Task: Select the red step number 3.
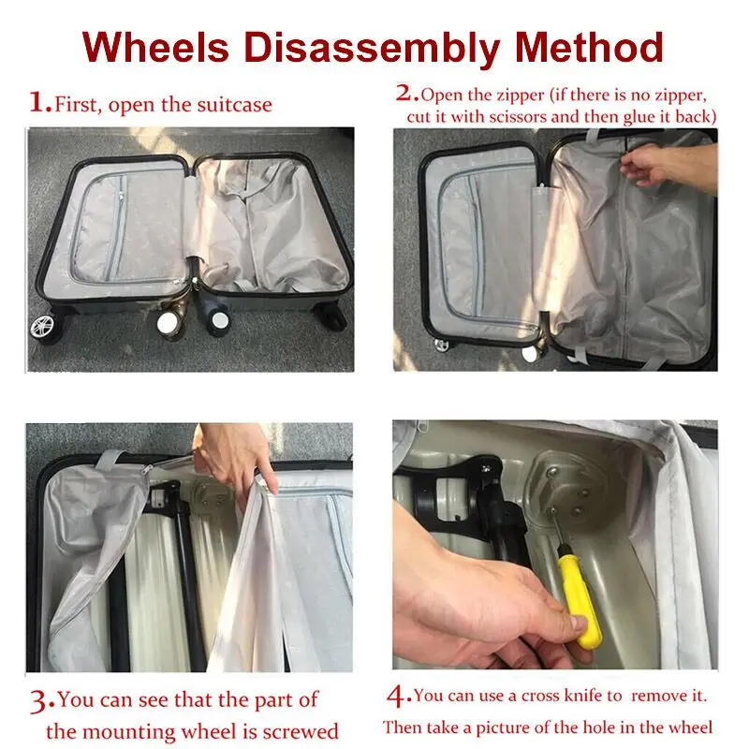(42, 699)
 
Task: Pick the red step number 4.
(399, 695)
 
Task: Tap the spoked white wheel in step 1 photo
(41, 327)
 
